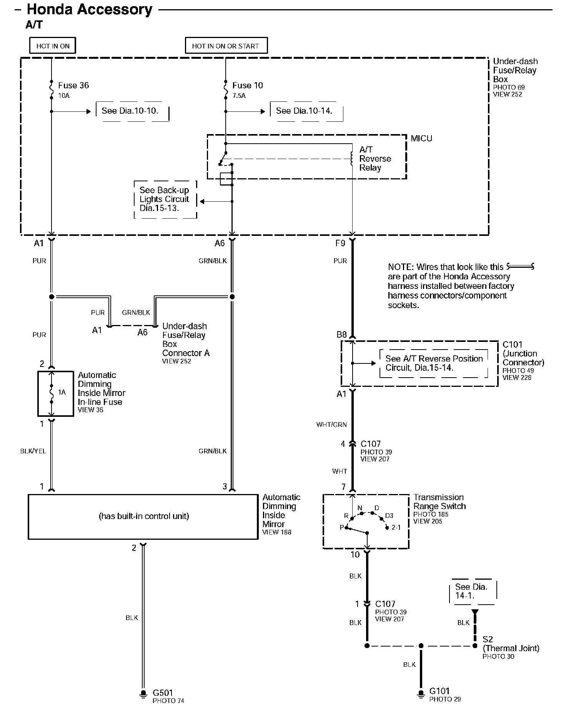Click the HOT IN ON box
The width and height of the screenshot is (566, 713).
pos(53,46)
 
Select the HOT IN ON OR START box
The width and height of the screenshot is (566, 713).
pos(226,46)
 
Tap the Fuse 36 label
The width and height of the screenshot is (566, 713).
pos(73,85)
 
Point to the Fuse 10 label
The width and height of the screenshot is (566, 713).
pos(247,85)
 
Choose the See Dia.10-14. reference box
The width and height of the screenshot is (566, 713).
pos(306,111)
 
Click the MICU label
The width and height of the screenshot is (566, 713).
pos(421,138)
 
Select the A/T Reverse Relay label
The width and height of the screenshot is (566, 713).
pos(375,159)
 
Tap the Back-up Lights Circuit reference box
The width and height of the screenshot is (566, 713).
pos(165,199)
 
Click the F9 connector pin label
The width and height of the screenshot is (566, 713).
pos(340,243)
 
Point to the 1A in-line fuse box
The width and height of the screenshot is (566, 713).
pos(55,393)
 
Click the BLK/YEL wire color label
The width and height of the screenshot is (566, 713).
pos(33,451)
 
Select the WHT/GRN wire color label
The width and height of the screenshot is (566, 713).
pos(331,424)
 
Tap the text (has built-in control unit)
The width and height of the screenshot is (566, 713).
pos(143,516)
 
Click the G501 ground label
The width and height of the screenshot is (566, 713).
pos(163,693)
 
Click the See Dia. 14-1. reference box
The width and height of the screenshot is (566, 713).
pos(472,591)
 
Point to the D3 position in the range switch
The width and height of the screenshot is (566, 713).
pos(389,516)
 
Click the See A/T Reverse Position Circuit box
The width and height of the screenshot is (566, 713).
pos(434,363)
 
